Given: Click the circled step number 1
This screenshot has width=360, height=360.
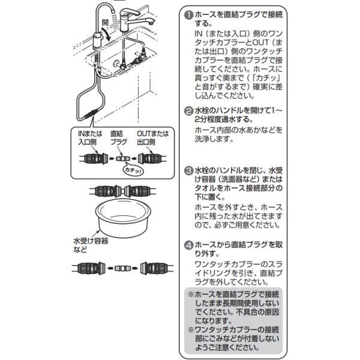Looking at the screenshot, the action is [189, 16].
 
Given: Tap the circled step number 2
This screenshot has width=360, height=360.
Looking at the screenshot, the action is [189, 111].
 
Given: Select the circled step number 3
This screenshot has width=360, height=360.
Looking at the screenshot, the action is [189, 171].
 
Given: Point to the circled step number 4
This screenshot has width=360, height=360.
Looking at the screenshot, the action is [189, 245].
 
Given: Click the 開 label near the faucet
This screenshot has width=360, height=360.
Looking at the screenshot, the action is [105, 23].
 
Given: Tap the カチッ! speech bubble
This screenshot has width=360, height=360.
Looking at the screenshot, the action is [133, 169].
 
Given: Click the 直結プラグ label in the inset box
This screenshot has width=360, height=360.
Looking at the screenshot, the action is [118, 137].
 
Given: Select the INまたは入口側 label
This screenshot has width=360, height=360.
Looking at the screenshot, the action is [90, 137].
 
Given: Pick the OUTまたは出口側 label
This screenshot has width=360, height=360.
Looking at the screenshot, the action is [152, 137].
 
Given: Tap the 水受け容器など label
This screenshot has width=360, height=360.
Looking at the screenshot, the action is [91, 245].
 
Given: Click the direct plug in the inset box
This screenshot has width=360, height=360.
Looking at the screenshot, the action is [122, 158].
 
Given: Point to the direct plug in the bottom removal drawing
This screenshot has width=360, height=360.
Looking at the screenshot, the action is [122, 268].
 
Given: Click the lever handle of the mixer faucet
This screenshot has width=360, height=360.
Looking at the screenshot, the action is [130, 12].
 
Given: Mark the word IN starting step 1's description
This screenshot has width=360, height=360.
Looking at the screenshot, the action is [199, 34].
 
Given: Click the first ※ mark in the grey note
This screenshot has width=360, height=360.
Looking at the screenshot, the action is [191, 295].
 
